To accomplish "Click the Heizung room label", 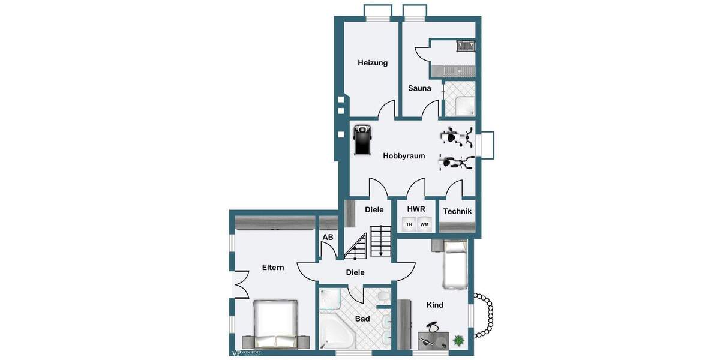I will click(373, 62).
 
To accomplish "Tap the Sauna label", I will click(419, 88).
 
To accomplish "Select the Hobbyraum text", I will click(404, 156).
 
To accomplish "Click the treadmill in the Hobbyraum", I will click(362, 140).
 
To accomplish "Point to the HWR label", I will click(416, 209).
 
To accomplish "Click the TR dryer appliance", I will click(409, 224).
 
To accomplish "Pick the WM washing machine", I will click(424, 224).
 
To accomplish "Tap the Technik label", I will click(457, 211).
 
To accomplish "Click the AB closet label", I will click(328, 238).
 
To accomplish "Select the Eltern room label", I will click(273, 268).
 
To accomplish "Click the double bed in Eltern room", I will click(275, 323).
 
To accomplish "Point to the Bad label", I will click(362, 319).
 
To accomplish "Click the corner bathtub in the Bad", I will click(336, 332).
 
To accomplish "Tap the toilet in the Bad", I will click(382, 297).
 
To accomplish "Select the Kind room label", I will click(435, 305).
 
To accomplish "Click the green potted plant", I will click(459, 340).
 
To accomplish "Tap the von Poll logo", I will click(247, 353).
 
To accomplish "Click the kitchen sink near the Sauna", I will click(465, 45).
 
